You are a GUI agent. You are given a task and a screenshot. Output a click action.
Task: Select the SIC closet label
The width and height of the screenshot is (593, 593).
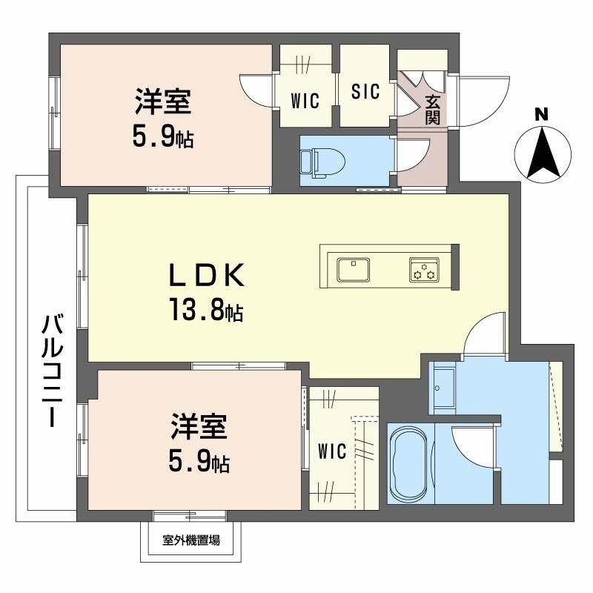[x=365, y=92]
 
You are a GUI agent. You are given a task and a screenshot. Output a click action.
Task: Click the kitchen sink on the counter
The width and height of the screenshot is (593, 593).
[x=354, y=268]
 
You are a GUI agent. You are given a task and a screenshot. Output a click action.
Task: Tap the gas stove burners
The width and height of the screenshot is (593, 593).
[x=424, y=269]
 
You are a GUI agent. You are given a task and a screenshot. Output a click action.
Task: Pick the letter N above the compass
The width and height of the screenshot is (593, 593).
[x=542, y=115]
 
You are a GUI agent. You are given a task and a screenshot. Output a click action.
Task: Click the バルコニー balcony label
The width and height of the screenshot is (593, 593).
[x=52, y=371]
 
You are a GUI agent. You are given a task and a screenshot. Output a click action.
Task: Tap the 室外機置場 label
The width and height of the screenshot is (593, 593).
[x=191, y=541]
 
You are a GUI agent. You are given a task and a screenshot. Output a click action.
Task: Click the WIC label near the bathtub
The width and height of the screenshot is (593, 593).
[x=332, y=451]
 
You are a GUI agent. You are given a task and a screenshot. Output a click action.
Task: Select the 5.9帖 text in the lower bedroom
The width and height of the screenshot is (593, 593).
[x=197, y=463]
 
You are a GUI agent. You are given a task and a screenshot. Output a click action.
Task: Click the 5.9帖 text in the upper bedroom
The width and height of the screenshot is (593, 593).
[x=163, y=136]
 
